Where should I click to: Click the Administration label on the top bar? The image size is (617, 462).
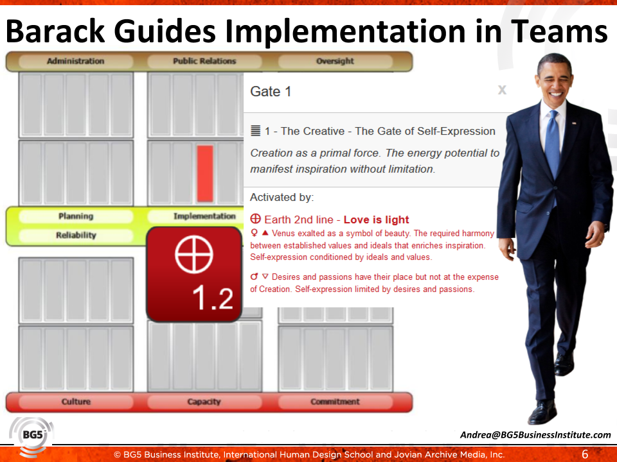click(x=75, y=62)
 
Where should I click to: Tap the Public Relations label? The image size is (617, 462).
click(x=204, y=62)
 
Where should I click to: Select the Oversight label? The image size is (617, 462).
click(x=335, y=62)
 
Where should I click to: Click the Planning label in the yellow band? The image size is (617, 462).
click(x=76, y=217)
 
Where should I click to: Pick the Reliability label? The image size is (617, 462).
click(x=76, y=235)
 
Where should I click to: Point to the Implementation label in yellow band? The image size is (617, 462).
click(x=204, y=217)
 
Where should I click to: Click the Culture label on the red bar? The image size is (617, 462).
click(x=76, y=402)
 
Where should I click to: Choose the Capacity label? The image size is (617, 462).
click(x=204, y=402)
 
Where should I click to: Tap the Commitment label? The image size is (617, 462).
click(x=335, y=402)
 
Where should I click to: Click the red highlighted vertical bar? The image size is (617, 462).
click(x=205, y=173)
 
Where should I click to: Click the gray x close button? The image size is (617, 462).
click(x=502, y=90)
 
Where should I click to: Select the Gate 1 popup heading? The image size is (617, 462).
click(x=271, y=92)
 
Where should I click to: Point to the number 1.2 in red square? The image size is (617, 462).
click(x=213, y=298)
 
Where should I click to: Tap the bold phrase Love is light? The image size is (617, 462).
click(x=377, y=220)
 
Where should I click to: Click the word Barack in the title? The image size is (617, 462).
click(x=64, y=31)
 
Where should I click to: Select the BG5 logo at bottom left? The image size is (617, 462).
click(x=31, y=436)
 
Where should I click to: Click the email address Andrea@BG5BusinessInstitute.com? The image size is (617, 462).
click(x=535, y=435)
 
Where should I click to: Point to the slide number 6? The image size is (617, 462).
click(x=585, y=454)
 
